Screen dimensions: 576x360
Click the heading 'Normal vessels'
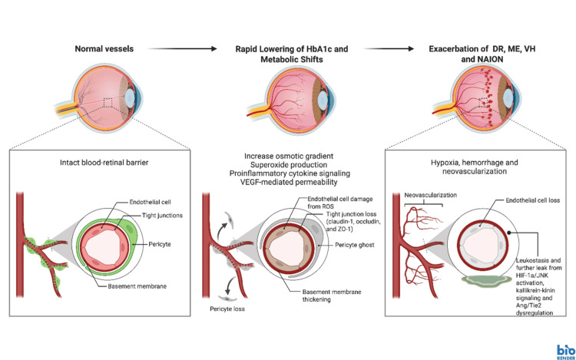point(104,49)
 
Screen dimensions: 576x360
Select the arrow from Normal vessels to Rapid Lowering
point(182,49)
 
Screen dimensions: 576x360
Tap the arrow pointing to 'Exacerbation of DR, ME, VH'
point(389,49)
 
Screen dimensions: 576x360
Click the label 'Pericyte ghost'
point(355,245)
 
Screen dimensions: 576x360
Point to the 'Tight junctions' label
point(162,216)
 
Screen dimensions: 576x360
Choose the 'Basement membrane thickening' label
point(332,296)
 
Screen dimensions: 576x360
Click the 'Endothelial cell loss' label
point(533,200)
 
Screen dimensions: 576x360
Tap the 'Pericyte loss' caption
point(227,309)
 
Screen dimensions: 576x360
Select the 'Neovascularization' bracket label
point(431,195)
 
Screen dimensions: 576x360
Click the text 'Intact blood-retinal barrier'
point(104,163)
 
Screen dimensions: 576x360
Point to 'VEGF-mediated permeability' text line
point(289,182)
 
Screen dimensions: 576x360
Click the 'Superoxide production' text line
point(289,165)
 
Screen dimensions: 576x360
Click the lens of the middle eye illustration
point(323,100)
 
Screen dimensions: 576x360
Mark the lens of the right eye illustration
point(508,97)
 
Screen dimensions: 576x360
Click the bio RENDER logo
point(566,352)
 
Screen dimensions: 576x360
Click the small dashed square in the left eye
point(108,103)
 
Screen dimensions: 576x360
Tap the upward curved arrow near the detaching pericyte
point(222,232)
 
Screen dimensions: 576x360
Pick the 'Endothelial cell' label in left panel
point(150,202)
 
